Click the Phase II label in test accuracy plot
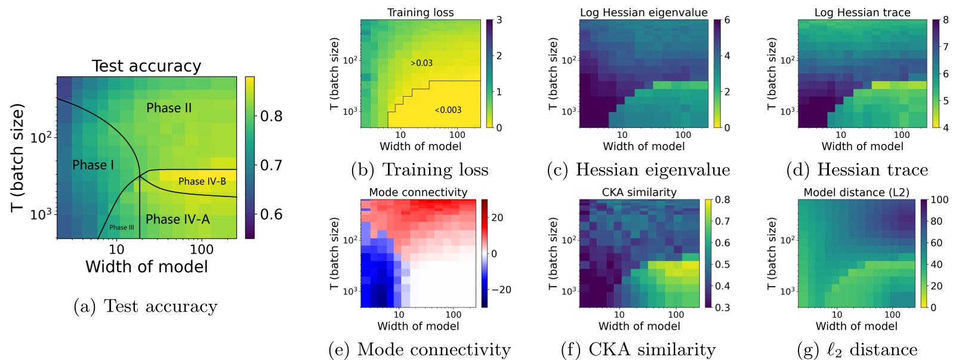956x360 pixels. tap(169, 108)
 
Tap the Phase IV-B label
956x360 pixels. tap(202, 181)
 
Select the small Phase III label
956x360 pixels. tap(122, 227)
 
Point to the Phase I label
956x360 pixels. tap(93, 165)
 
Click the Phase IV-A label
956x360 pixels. tap(178, 219)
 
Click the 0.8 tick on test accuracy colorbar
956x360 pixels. tap(271, 116)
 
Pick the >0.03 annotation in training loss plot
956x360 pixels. tap(421, 63)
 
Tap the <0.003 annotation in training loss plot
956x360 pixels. tap(448, 110)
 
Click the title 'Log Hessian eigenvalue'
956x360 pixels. tap(643, 13)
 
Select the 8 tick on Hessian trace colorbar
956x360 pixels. tap(946, 20)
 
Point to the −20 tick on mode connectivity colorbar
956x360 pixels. tap(501, 290)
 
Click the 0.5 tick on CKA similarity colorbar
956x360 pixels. tap(722, 264)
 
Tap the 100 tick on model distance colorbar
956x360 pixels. tap(939, 200)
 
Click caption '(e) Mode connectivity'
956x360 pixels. tap(420, 349)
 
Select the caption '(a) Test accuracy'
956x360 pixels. tap(145, 306)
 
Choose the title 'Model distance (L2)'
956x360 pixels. tap(856, 192)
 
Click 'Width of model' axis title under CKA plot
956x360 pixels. tap(639, 326)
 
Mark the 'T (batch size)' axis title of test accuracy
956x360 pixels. tap(17, 158)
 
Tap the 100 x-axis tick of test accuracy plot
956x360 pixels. tap(202, 250)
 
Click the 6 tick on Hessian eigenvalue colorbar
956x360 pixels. tap(727, 20)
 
